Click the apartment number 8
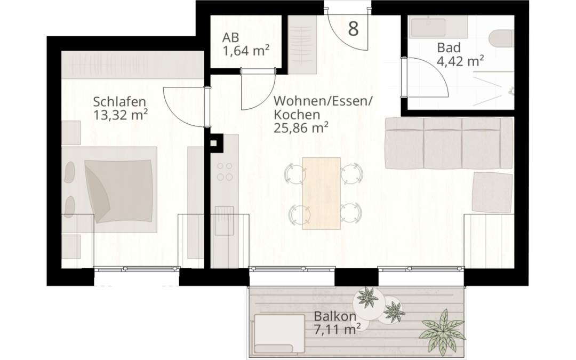[x=353, y=29]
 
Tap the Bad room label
[x=447, y=47]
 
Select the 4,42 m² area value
[x=460, y=61]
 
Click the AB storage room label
[x=230, y=38]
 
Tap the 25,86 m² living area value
[x=300, y=128]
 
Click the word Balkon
[x=335, y=316]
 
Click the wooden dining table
[x=321, y=193]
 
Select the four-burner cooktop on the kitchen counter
[x=225, y=171]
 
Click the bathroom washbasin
[x=428, y=27]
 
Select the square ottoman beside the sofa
[x=492, y=192]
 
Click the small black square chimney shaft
[x=215, y=142]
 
